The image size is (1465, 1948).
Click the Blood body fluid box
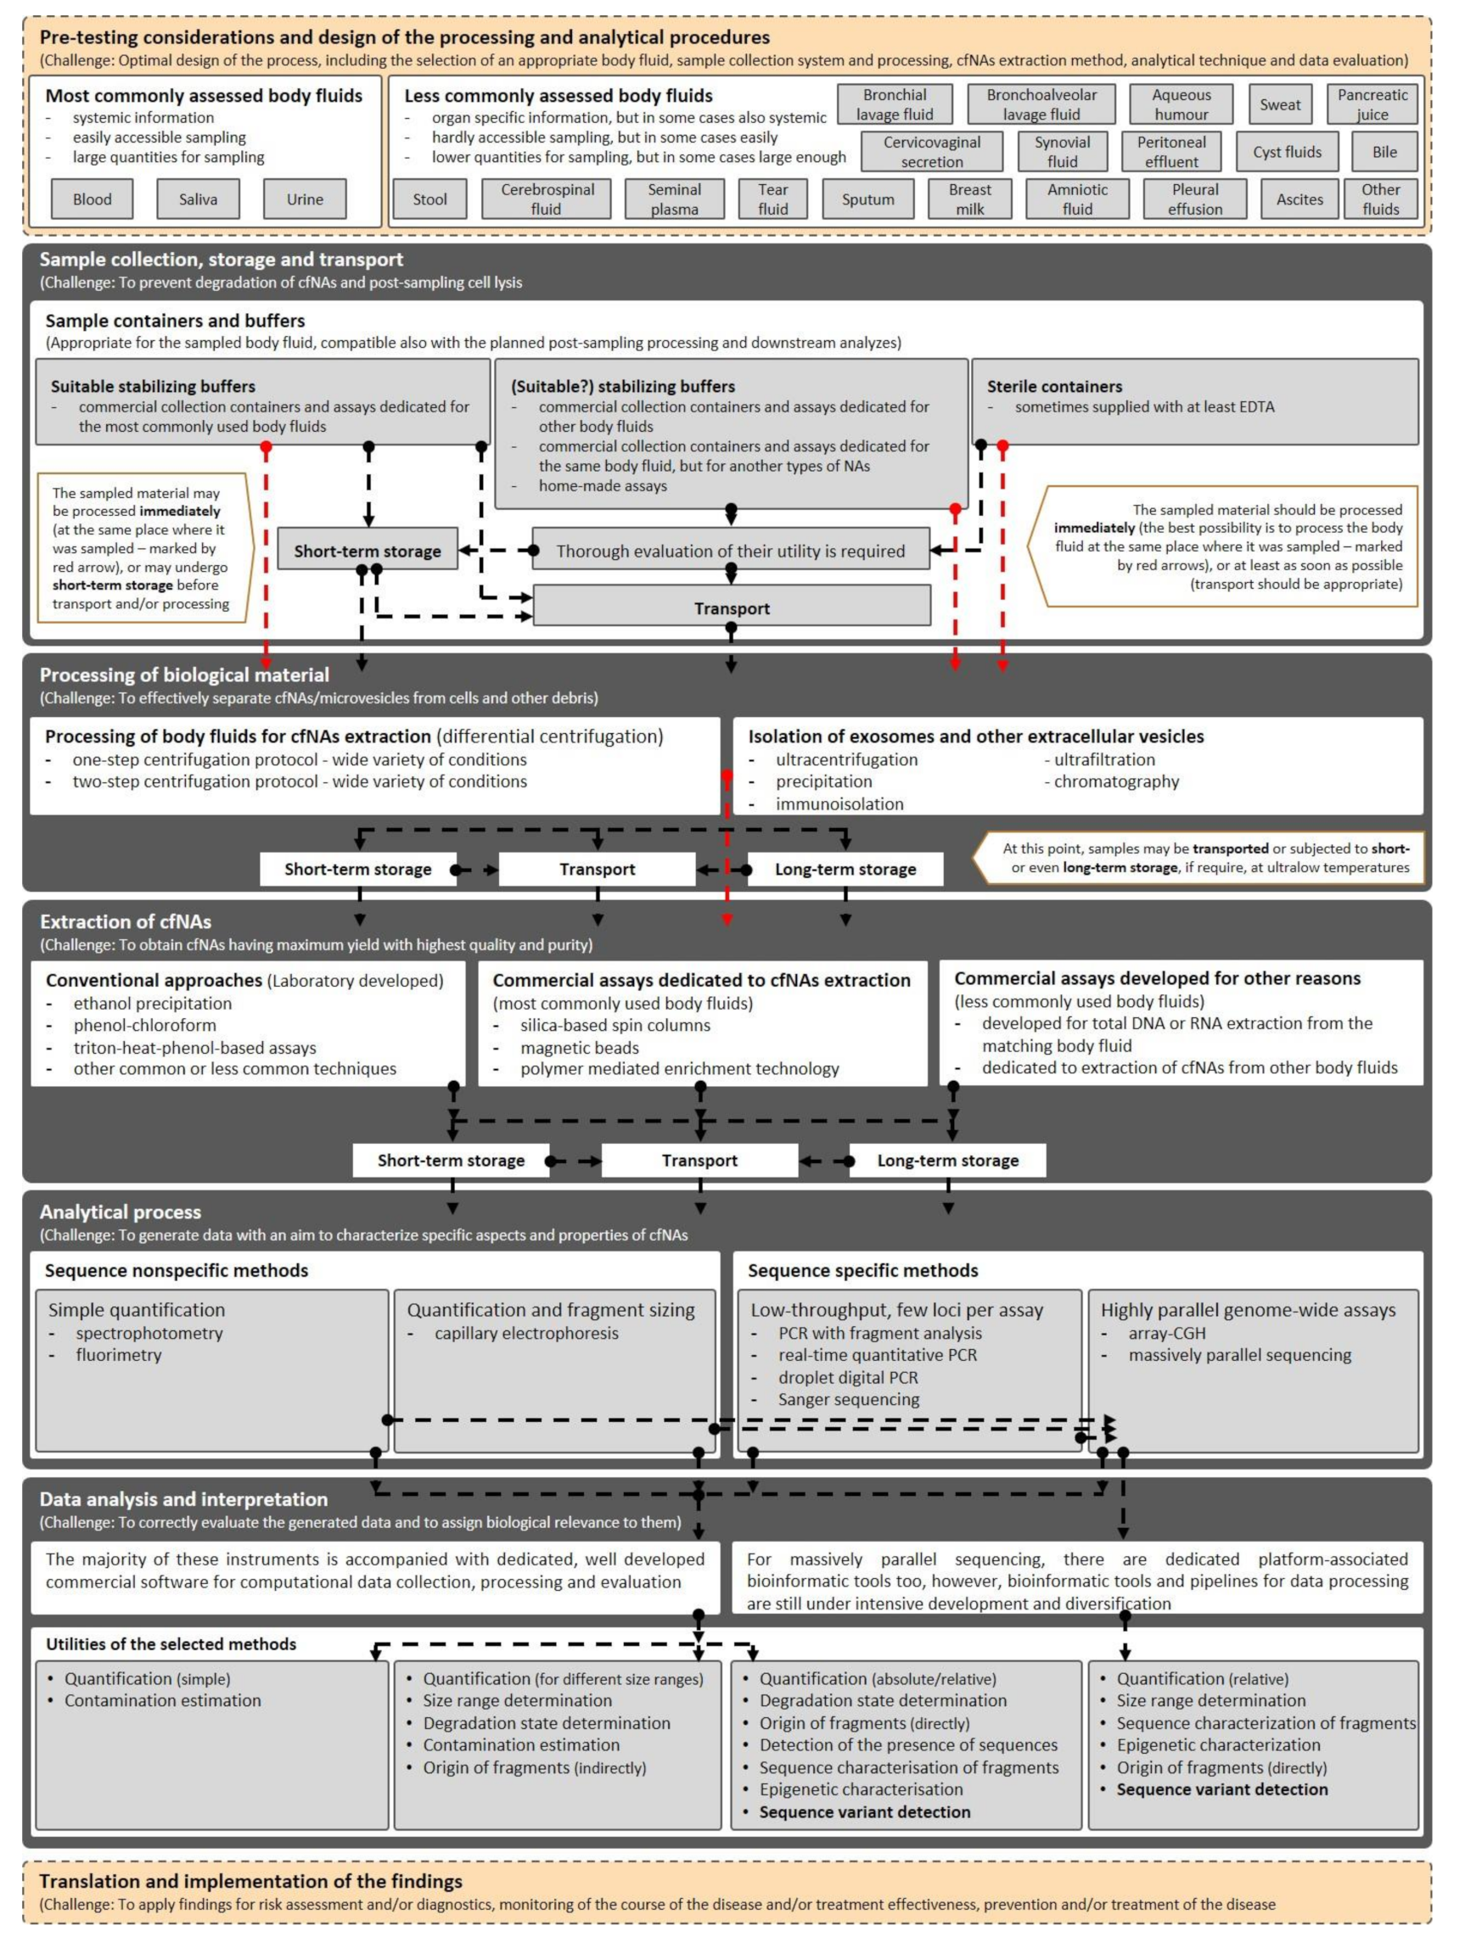click(93, 199)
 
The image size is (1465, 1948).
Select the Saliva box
click(199, 199)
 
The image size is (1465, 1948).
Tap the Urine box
click(305, 199)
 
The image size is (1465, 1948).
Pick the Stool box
click(429, 199)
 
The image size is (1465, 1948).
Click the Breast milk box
click(970, 199)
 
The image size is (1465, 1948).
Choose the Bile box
click(1384, 152)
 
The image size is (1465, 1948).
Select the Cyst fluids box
click(1287, 152)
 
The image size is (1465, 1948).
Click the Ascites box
click(1299, 199)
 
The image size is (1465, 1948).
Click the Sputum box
click(867, 199)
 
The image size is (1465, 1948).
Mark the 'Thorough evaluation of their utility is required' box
click(730, 551)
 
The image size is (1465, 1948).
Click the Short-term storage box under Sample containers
click(368, 551)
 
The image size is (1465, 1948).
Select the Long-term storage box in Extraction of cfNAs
click(948, 1161)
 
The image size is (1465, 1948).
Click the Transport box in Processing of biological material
click(598, 869)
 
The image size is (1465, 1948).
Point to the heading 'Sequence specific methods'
click(862, 1270)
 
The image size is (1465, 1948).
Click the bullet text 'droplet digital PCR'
click(847, 1377)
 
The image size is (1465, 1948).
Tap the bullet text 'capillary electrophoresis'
click(526, 1333)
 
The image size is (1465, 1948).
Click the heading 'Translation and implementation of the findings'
click(251, 1881)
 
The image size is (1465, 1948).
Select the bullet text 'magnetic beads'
click(579, 1048)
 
